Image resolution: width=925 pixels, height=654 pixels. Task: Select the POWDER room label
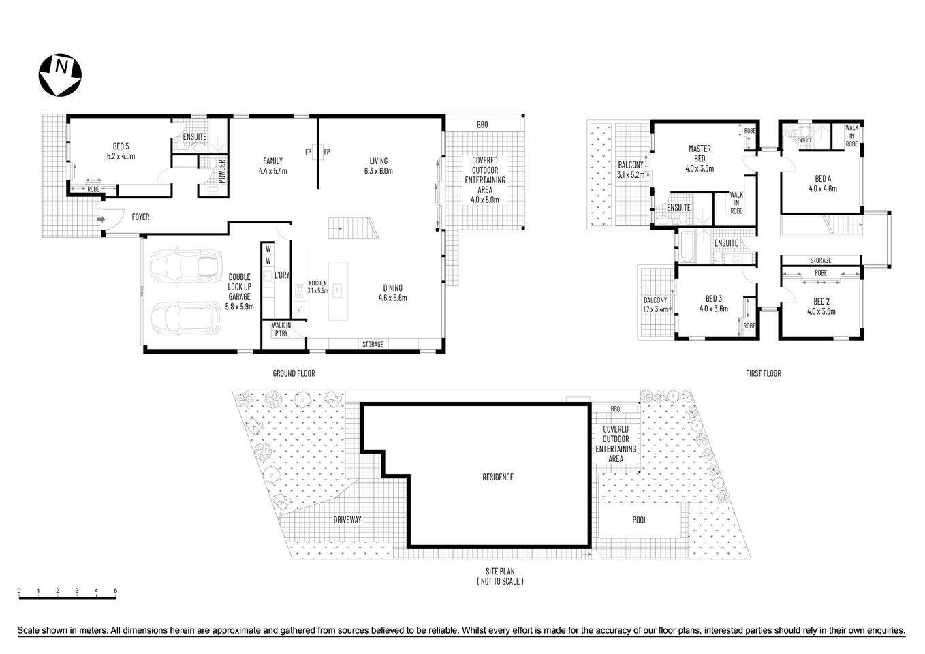222,170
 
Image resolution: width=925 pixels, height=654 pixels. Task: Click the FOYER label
140,217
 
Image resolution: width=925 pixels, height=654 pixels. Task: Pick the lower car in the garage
185,317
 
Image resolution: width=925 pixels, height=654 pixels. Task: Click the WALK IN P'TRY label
281,330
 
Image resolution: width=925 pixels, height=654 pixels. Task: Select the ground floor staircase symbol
351,228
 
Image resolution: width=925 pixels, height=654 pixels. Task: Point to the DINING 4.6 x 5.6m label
392,292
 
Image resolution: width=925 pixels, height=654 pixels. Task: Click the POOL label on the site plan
639,520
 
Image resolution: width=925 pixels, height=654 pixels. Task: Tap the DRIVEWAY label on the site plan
347,520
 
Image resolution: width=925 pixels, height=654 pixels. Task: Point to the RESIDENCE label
497,477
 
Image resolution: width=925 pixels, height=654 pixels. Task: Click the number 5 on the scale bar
116,590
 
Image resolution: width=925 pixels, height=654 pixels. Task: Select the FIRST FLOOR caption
762,373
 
